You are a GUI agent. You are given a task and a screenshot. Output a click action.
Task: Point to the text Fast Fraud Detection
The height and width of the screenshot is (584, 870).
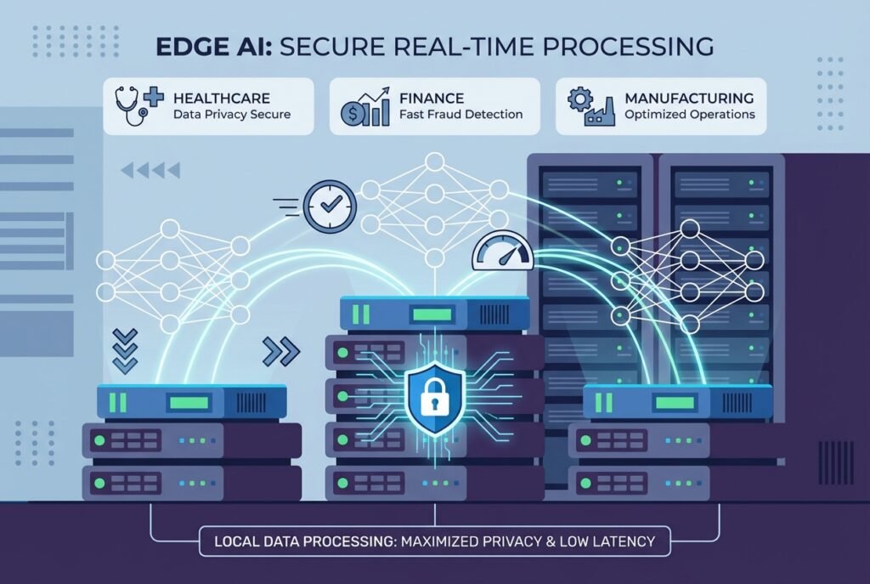point(460,115)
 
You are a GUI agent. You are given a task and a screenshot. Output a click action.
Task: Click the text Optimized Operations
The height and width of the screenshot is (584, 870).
point(690,115)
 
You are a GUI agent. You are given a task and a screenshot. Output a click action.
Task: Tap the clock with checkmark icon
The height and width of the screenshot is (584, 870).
point(330,205)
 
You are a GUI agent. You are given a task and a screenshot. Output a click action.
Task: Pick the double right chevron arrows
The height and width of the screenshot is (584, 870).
point(282,349)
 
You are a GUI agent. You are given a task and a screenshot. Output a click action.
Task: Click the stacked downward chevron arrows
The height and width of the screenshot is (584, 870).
point(125,351)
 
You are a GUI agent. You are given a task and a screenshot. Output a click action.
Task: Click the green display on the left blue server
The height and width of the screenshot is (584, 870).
point(189,401)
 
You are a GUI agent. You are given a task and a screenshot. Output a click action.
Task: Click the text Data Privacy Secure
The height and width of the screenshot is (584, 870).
point(231,115)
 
